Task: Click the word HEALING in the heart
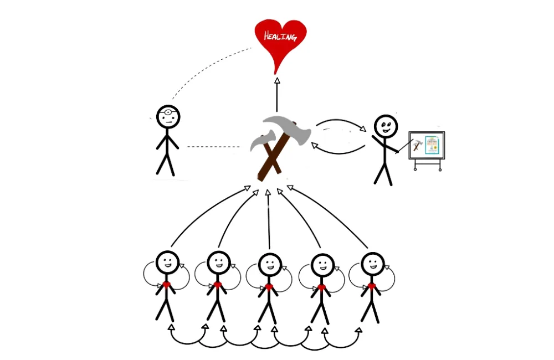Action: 280,37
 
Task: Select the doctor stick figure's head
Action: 168,117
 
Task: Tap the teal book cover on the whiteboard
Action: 431,145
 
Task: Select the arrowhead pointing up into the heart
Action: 277,80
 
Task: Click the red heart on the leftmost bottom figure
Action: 167,285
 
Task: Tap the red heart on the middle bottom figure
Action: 269,287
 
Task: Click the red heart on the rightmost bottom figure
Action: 372,286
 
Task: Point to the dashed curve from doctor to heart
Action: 205,69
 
